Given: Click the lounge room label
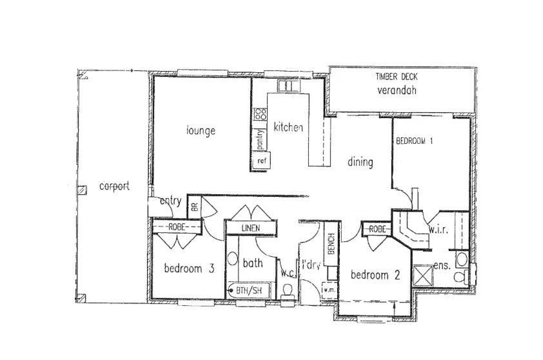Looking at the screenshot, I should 201,131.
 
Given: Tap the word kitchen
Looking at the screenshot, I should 288,128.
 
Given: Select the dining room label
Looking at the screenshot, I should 360,162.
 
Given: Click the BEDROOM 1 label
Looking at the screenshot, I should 415,141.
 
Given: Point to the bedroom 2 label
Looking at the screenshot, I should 375,275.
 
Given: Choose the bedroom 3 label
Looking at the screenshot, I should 188,269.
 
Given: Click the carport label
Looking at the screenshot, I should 114,186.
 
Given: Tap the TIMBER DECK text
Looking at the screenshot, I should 396,77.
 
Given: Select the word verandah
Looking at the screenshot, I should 397,90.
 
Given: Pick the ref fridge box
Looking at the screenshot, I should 261,161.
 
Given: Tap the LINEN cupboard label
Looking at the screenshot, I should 250,228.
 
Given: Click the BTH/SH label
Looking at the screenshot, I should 248,290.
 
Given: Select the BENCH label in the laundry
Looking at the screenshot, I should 330,245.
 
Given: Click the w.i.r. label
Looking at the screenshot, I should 438,230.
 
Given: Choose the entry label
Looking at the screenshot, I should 170,201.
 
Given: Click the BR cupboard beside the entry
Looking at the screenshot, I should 194,207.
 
